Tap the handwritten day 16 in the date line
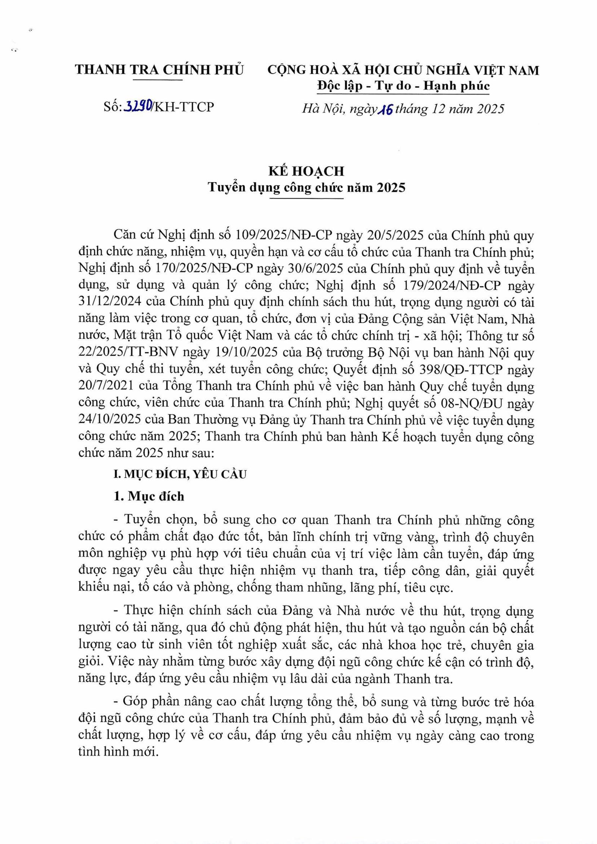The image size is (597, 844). pyautogui.click(x=385, y=109)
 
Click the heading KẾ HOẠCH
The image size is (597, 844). pyautogui.click(x=306, y=171)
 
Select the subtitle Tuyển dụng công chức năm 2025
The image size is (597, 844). pyautogui.click(x=306, y=187)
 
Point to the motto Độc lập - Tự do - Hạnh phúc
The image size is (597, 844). pyautogui.click(x=403, y=86)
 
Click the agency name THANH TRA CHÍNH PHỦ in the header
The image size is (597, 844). pyautogui.click(x=159, y=70)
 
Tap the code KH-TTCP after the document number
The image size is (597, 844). pyautogui.click(x=184, y=107)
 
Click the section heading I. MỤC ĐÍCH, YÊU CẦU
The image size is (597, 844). pyautogui.click(x=180, y=474)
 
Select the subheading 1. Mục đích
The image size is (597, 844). pyautogui.click(x=149, y=496)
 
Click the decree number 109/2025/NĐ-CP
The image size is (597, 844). pyautogui.click(x=284, y=236)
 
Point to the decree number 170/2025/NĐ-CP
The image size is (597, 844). pyautogui.click(x=205, y=269)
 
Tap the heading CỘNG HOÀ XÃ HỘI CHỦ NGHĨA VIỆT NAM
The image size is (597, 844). pyautogui.click(x=403, y=70)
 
